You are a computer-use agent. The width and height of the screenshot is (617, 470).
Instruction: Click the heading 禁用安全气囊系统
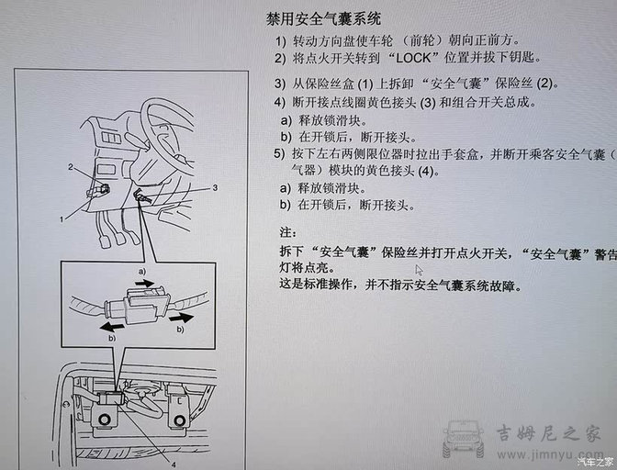pyautogui.click(x=310, y=18)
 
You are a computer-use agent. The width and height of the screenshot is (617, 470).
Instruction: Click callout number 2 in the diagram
pyautogui.click(x=70, y=167)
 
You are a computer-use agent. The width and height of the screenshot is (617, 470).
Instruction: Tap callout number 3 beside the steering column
pyautogui.click(x=213, y=187)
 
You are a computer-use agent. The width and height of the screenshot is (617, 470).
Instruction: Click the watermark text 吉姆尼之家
pyautogui.click(x=548, y=433)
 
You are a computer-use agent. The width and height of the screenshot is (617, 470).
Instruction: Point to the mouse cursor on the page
pyautogui.click(x=420, y=271)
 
